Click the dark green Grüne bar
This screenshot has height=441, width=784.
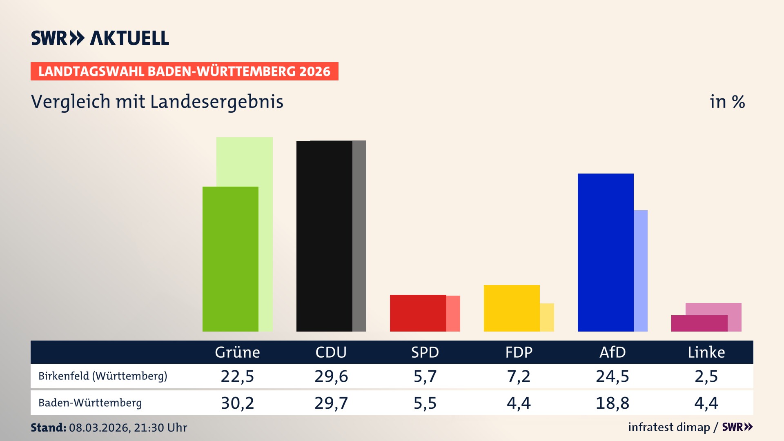pyautogui.click(x=230, y=259)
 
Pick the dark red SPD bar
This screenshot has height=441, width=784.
pyautogui.click(x=418, y=313)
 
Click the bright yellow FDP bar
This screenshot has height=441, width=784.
pyautogui.click(x=512, y=308)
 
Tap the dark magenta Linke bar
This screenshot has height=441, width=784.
pyautogui.click(x=699, y=323)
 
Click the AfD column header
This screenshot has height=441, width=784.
pyautogui.click(x=612, y=352)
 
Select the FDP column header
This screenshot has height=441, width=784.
pyautogui.click(x=519, y=352)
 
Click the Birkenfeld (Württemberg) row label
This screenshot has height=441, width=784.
pyautogui.click(x=103, y=376)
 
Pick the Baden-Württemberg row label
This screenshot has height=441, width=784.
pyautogui.click(x=90, y=403)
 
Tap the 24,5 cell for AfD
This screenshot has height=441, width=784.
pyautogui.click(x=612, y=376)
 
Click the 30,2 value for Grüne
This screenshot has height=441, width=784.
pyautogui.click(x=237, y=403)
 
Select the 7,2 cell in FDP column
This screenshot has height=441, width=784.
pyautogui.click(x=519, y=376)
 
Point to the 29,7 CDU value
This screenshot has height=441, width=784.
pyautogui.click(x=331, y=403)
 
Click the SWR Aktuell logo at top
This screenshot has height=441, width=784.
pyautogui.click(x=100, y=38)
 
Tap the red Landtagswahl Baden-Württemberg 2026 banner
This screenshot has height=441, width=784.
pyautogui.click(x=184, y=71)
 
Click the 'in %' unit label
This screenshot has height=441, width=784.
pyautogui.click(x=727, y=102)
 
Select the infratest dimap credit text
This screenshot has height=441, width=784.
pyautogui.click(x=669, y=427)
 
